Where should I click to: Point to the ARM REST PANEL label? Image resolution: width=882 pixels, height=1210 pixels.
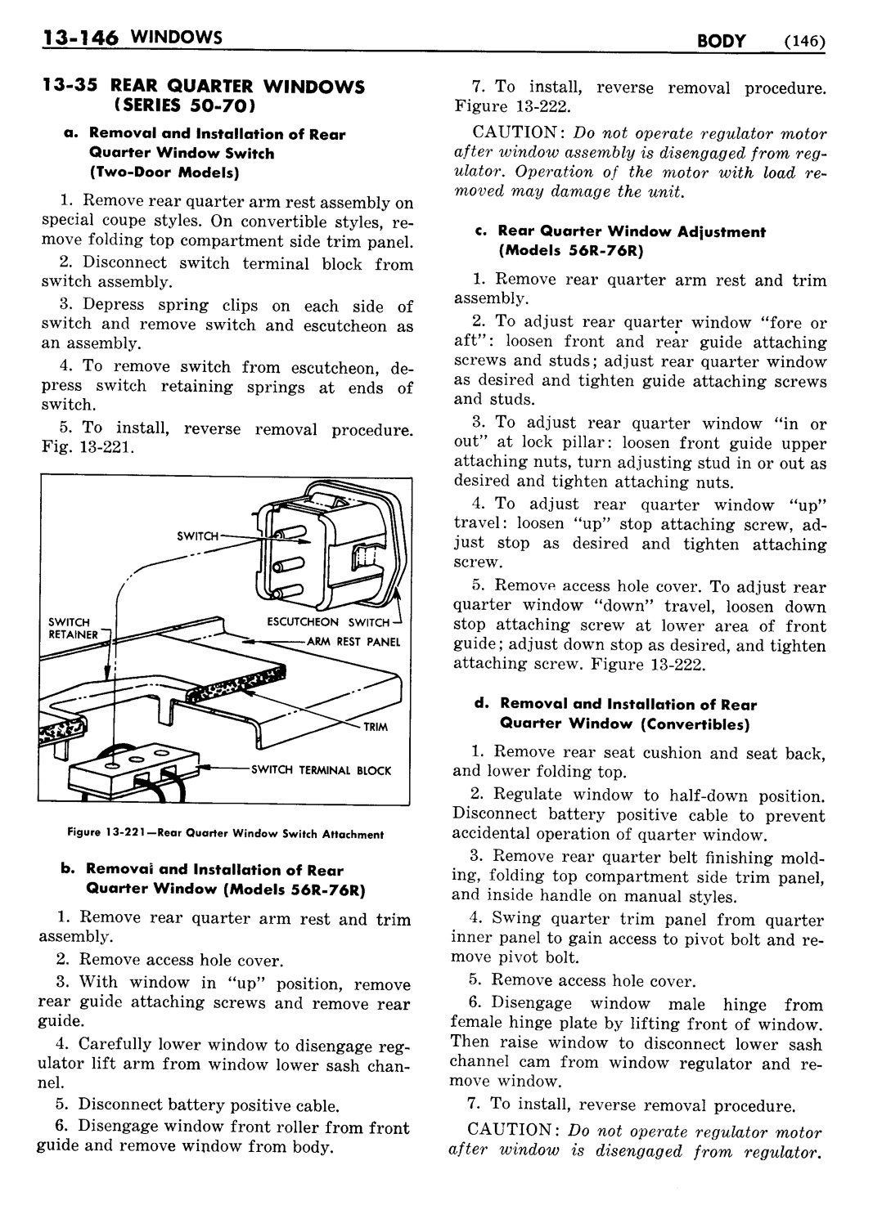353,642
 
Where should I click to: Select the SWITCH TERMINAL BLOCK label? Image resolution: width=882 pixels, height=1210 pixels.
321,770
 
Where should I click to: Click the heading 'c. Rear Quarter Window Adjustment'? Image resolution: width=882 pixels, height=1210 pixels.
632,231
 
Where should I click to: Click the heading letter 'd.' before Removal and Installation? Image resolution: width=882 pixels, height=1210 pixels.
483,704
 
